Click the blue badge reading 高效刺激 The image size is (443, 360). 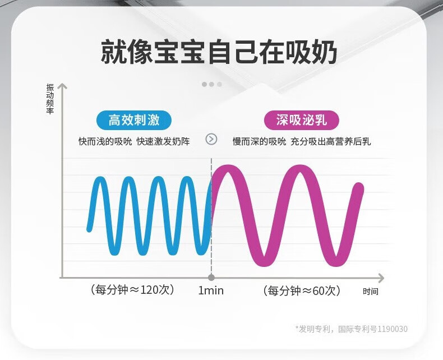(134, 120)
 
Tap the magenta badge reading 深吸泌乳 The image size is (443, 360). (302, 120)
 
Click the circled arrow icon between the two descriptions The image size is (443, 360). (211, 139)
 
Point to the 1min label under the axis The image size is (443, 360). (211, 290)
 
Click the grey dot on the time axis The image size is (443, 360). (211, 278)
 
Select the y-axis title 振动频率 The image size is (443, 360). (50, 99)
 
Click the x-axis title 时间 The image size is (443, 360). (371, 292)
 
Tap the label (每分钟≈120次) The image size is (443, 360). (132, 290)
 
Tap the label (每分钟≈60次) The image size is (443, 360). (302, 290)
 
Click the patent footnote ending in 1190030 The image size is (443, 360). (352, 329)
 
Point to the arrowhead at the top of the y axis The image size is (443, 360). (62, 85)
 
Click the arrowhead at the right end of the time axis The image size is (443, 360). (381, 278)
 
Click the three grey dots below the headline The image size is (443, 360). (212, 84)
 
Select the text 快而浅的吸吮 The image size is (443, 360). (105, 141)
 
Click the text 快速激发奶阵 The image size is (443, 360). (163, 141)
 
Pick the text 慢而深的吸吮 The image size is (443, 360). (260, 141)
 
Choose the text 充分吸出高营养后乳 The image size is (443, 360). (330, 141)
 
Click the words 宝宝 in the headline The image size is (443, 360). (179, 53)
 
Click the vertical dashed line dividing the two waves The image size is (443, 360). (211, 216)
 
